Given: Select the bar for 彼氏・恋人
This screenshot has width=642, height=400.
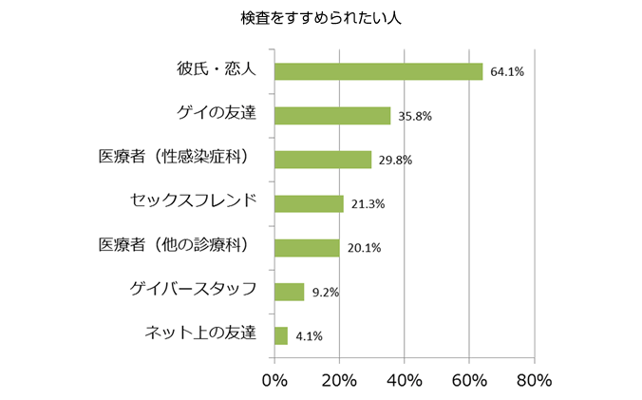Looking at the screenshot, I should [378, 71].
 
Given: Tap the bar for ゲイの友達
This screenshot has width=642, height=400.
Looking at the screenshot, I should [332, 116].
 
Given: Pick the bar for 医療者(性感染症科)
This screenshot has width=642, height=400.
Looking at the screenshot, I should [323, 160].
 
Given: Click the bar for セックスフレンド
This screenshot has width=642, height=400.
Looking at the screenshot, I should [309, 203].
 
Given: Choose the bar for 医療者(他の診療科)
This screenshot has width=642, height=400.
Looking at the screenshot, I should [307, 248].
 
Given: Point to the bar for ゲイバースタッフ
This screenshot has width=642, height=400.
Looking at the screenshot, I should [289, 292].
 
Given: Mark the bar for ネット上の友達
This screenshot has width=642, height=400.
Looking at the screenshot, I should [281, 335].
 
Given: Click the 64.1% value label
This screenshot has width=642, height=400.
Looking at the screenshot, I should [507, 71].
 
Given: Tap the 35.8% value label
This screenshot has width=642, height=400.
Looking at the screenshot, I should [415, 116].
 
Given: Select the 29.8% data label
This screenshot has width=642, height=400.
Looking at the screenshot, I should [395, 160].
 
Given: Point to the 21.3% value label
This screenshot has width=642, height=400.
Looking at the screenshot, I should [368, 203].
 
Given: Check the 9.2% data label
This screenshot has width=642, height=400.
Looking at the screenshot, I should [326, 292].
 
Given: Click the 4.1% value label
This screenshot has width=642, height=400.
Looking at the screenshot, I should [310, 335].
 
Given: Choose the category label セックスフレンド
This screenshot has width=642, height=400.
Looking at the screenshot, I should [193, 201].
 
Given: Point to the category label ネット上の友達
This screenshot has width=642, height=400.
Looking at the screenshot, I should [200, 333].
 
